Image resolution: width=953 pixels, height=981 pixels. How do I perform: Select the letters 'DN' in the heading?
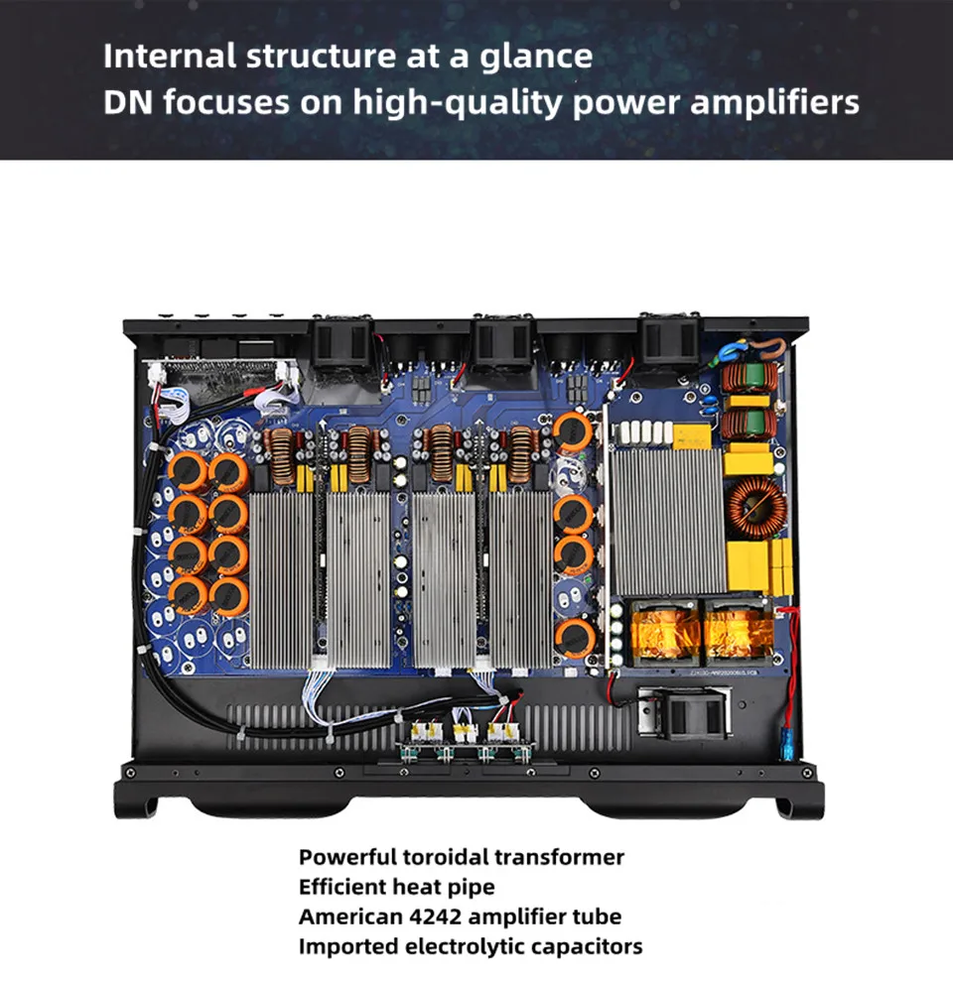(x=127, y=102)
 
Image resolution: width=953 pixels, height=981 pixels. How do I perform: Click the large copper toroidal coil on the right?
(x=757, y=505)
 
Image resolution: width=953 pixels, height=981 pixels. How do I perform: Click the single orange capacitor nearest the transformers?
(x=574, y=637)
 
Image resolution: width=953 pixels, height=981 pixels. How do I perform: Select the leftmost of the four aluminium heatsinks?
(x=282, y=579)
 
